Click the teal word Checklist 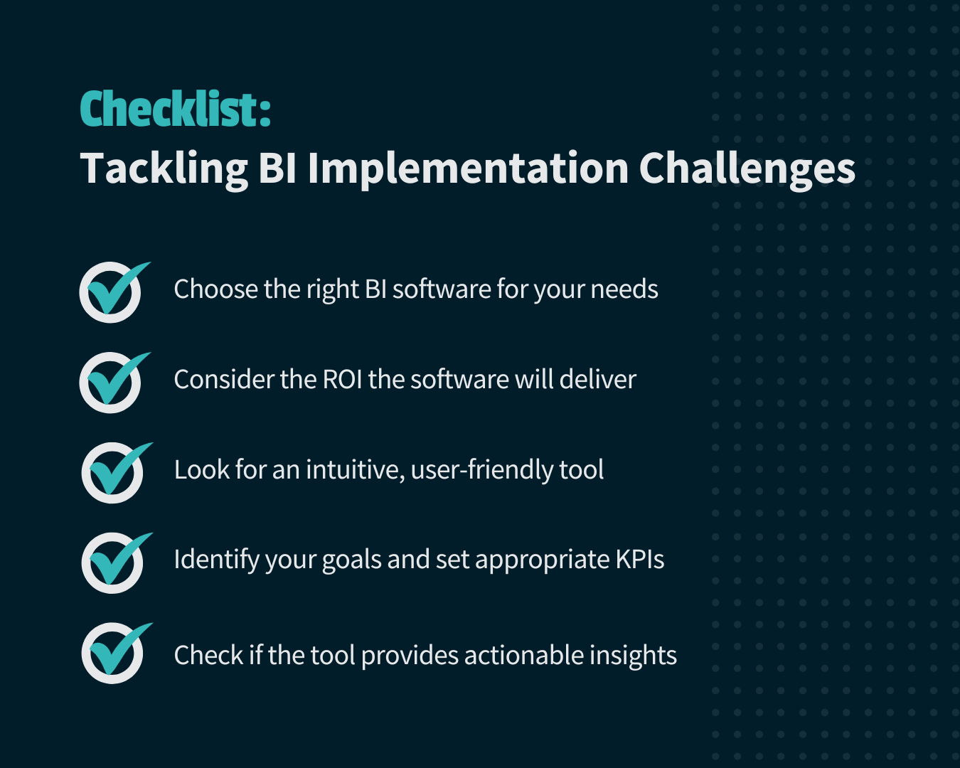coord(174,110)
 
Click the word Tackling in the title coord(164,169)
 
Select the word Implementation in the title coord(468,169)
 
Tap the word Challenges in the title coord(747,169)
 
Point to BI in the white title coord(277,169)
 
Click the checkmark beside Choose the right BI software coord(112,292)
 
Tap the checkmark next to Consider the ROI coord(112,382)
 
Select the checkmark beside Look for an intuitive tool coord(113,472)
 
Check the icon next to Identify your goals coord(113,562)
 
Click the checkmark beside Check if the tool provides coord(113,653)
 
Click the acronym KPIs coord(639,560)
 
